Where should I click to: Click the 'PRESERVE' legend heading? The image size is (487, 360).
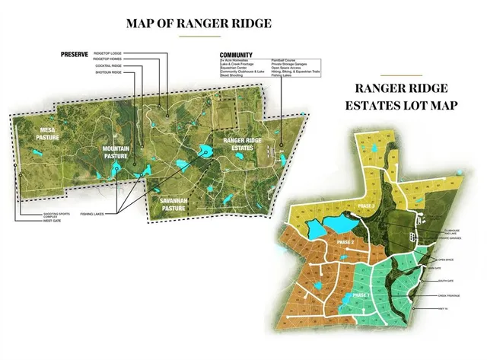(75, 54)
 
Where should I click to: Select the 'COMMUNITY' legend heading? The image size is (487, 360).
(236, 55)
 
